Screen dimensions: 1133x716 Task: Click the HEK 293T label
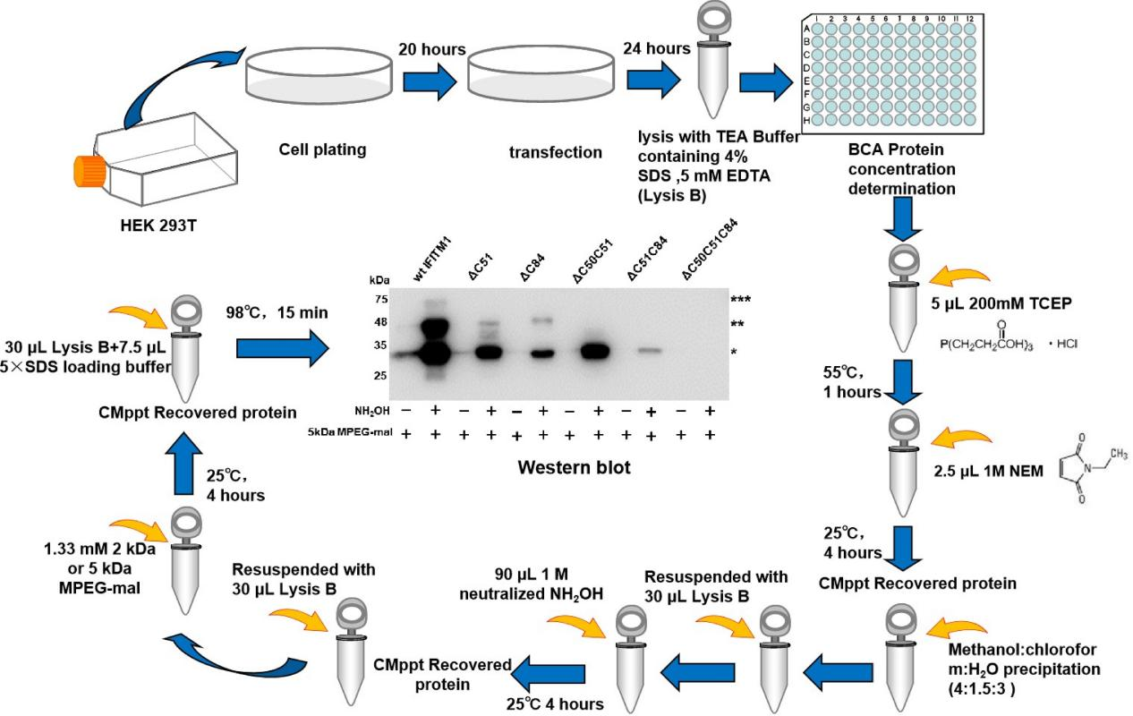[x=158, y=226]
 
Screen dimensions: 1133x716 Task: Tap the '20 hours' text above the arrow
[x=432, y=49]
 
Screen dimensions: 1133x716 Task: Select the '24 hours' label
[x=657, y=48]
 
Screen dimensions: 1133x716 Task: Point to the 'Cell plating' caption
[x=323, y=149]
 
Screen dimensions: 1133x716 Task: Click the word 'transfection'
[x=556, y=152]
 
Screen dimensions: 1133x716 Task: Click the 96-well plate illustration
[x=892, y=74]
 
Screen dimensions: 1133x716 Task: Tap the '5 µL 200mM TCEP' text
[x=1001, y=303]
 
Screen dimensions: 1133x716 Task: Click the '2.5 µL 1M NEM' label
[x=988, y=471]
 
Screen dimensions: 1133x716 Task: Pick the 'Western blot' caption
[x=574, y=467]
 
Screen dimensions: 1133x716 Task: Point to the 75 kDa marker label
[x=381, y=299]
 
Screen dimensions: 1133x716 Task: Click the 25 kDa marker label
[x=380, y=376]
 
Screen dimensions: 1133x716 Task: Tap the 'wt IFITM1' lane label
[x=432, y=261]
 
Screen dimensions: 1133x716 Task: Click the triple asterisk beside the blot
[x=740, y=300]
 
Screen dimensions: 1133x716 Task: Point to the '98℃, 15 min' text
[x=277, y=312]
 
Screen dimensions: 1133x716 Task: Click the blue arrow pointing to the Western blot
[x=283, y=349]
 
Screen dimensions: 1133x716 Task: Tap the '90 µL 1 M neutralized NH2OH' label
[x=531, y=584]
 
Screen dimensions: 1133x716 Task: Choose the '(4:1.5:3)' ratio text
[x=982, y=689]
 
